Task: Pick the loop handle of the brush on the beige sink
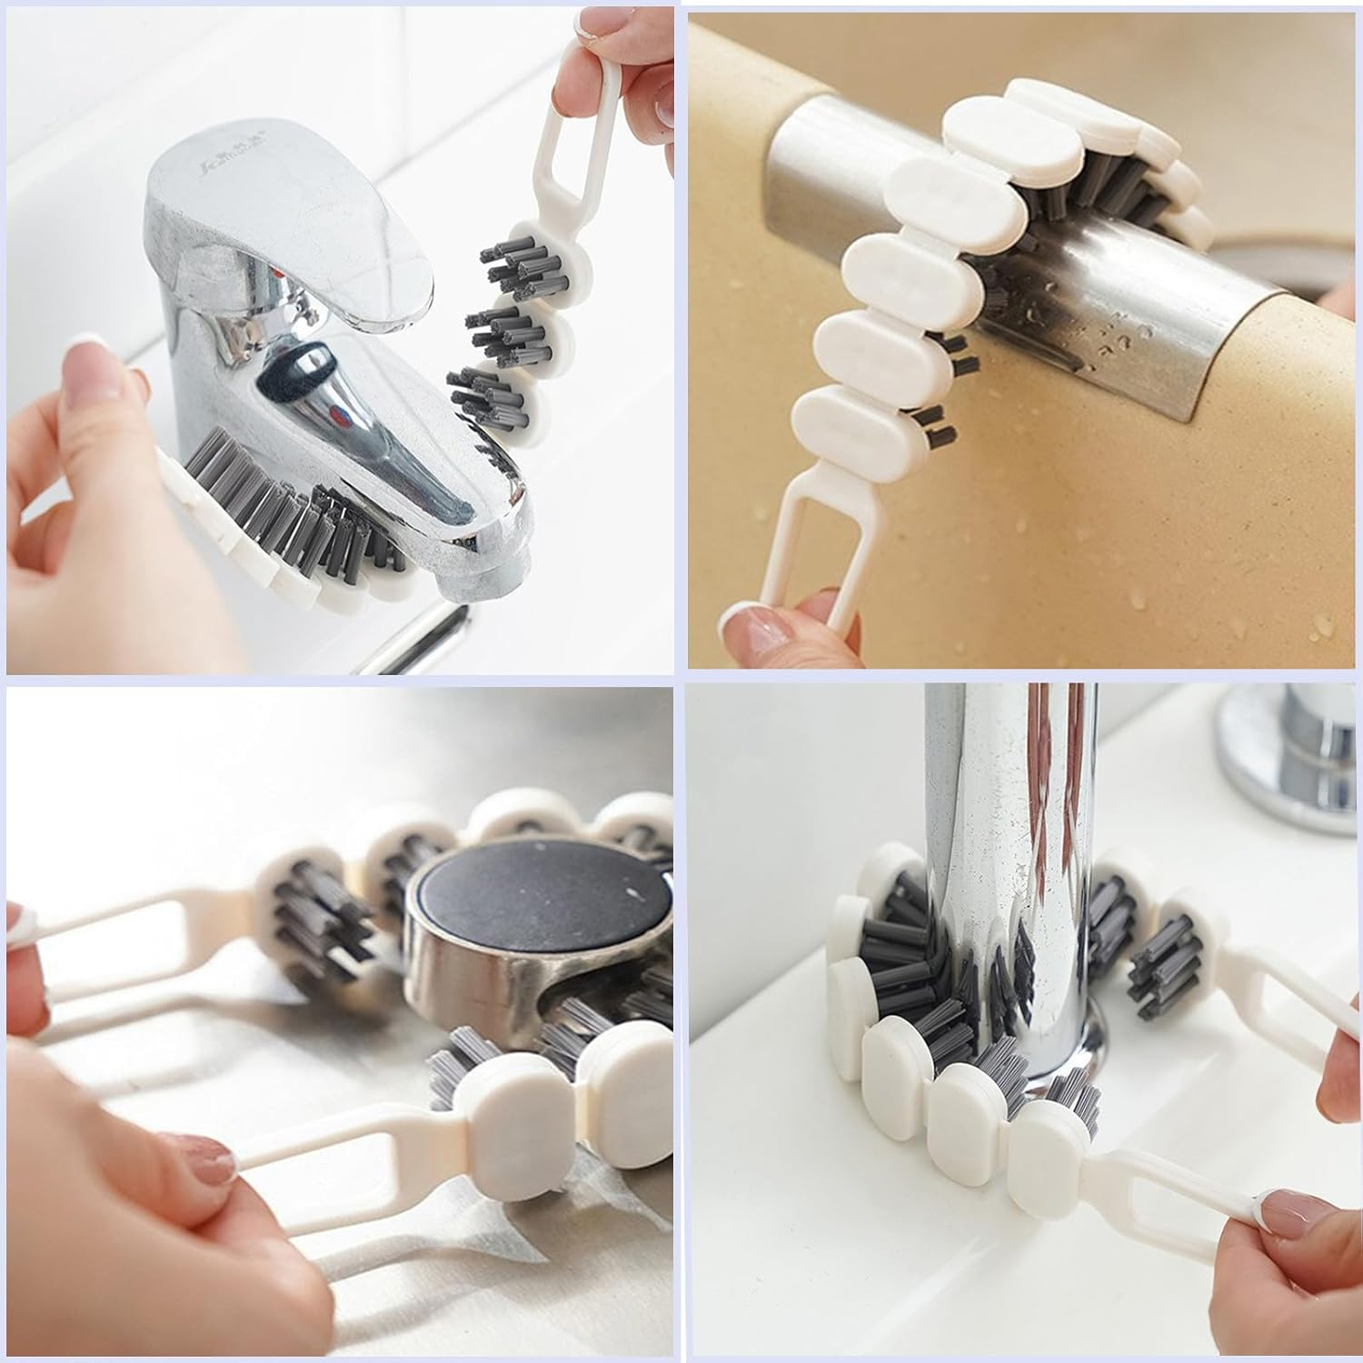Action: coord(818,536)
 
